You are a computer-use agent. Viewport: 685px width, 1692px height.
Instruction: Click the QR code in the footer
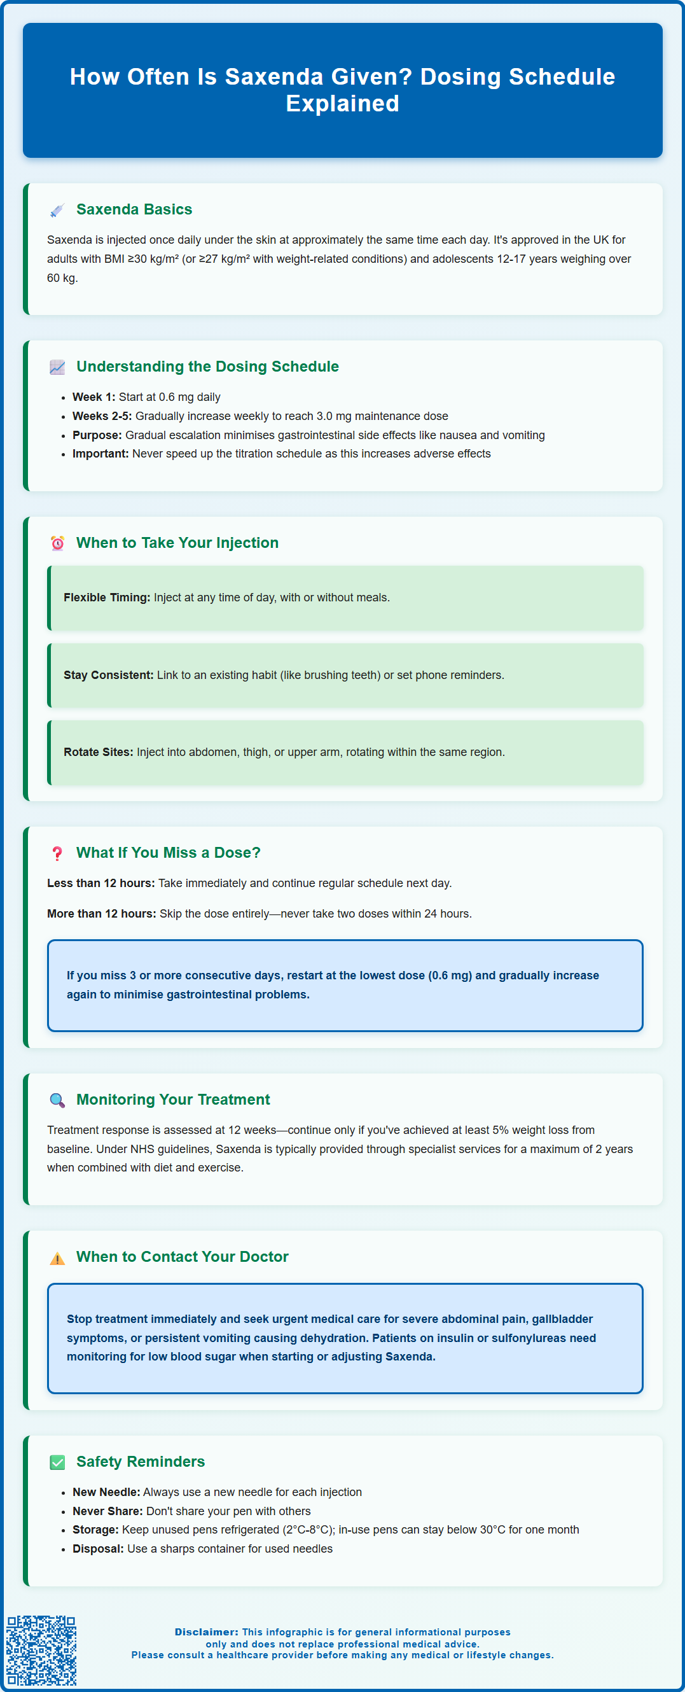41,1650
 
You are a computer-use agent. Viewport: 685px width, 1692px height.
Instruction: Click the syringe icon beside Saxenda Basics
57,210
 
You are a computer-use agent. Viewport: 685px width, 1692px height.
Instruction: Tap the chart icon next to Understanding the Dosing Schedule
57,367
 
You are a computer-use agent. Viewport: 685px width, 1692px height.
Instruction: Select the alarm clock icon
57,543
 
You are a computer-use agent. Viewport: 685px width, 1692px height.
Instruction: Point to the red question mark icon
57,853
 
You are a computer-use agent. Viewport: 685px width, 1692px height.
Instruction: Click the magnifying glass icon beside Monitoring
57,1100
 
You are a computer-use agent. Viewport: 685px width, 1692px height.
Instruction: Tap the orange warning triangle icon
57,1258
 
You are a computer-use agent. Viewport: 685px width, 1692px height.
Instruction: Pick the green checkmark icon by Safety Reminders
57,1462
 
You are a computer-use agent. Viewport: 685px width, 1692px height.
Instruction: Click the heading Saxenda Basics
134,209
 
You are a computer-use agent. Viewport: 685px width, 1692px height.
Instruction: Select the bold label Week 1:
94,397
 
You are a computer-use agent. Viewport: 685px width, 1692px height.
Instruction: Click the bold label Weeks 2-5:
102,416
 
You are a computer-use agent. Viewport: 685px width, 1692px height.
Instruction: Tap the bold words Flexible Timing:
106,598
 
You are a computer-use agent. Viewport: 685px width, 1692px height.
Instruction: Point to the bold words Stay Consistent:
108,675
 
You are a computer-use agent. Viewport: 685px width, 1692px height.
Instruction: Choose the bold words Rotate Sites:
99,752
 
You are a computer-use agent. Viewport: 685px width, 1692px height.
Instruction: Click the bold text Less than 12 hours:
100,883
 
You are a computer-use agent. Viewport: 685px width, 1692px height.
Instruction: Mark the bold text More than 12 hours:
101,914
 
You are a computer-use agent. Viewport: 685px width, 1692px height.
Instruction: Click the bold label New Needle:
106,1492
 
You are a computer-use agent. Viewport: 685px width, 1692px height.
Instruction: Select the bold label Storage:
96,1530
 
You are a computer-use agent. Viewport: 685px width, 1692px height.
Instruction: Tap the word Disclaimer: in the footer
206,1632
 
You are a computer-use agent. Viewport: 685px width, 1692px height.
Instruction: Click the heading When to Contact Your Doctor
182,1257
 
